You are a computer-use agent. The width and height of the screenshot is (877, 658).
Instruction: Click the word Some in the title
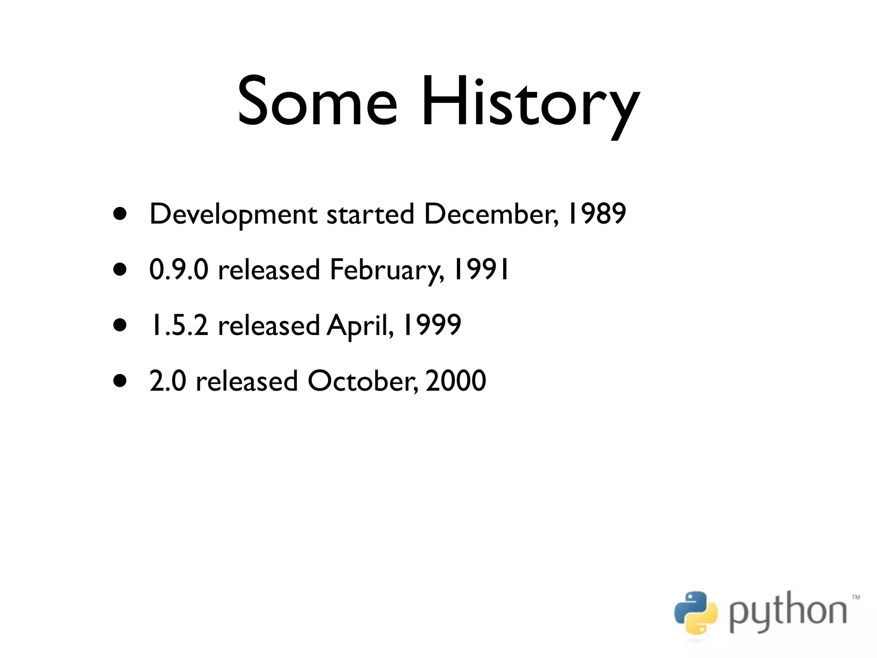coord(317,103)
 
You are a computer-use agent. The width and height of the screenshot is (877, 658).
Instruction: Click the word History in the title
coord(530,105)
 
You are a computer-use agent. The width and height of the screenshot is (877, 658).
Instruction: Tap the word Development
coord(233,215)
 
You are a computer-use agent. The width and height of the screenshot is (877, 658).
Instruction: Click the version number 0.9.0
coord(179,269)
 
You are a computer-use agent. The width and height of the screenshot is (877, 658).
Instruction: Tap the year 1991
coord(482,269)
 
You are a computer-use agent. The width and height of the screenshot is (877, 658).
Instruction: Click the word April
coord(360,326)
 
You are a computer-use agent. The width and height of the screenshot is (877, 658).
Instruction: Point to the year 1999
coord(432,325)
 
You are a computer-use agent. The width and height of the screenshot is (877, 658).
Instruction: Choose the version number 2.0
coord(167,381)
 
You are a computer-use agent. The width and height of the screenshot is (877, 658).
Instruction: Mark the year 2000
coord(456,381)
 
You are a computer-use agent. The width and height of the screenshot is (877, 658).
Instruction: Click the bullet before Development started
coord(120,214)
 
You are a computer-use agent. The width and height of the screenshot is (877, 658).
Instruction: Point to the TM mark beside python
coord(855,597)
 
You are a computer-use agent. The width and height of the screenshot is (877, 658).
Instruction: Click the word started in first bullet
coord(370,214)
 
